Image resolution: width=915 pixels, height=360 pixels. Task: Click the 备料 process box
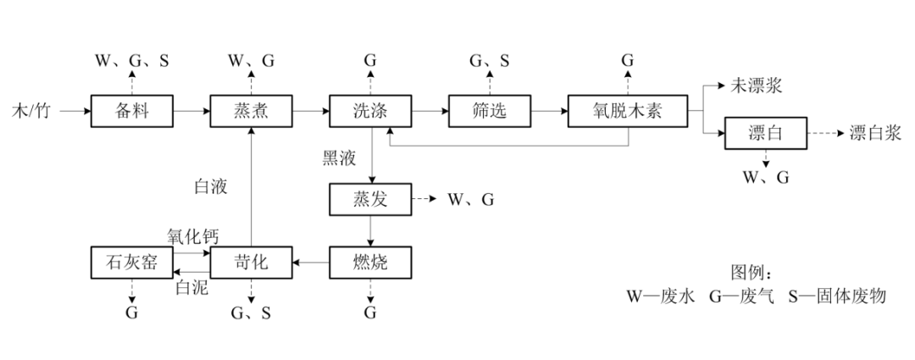[x=132, y=110]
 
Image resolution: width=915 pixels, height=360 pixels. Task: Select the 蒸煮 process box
[x=251, y=110]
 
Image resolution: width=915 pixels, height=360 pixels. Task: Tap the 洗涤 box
[x=370, y=110]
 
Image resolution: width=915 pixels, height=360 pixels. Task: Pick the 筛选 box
[x=489, y=110]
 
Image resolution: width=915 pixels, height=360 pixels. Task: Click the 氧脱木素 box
[x=628, y=110]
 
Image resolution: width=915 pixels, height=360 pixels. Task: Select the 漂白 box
[x=765, y=134]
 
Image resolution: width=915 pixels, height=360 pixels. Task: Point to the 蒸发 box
[x=370, y=200]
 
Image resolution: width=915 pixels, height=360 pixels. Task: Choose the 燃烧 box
[x=370, y=263]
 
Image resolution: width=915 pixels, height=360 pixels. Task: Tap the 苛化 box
[x=251, y=263]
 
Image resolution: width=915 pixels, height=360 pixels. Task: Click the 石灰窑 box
[x=132, y=263]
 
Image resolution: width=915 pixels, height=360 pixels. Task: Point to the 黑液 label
[x=339, y=158]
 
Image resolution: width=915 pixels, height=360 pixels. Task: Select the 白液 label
[x=211, y=186]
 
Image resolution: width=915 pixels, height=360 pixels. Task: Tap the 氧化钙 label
[x=192, y=236]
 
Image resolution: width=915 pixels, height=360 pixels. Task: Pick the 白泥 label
[x=191, y=287]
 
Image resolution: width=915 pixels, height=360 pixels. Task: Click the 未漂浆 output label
[x=757, y=86]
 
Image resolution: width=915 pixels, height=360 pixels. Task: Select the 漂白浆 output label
[x=875, y=134]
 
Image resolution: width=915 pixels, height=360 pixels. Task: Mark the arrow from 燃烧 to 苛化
[x=311, y=263]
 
